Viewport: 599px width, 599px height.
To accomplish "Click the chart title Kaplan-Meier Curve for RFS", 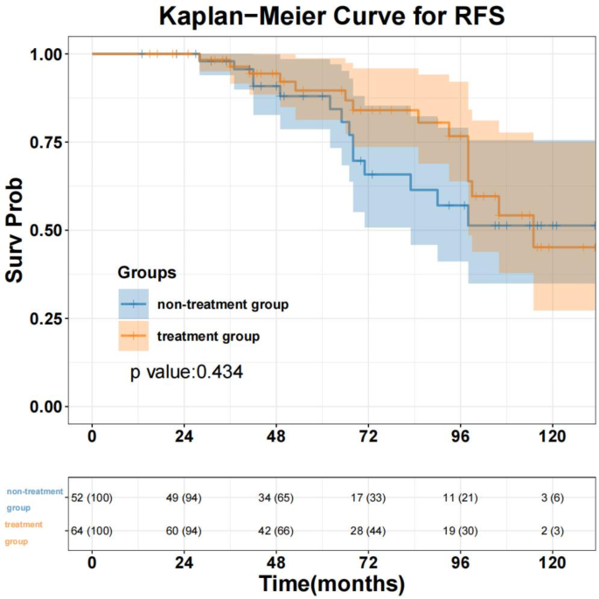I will (x=331, y=16).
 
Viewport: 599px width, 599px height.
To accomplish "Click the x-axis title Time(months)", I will (x=331, y=583).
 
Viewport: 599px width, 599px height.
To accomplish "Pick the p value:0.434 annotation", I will (x=186, y=373).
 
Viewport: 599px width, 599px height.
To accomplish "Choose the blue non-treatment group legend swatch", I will (x=133, y=304).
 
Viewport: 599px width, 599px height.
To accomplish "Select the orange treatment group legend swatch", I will (x=133, y=336).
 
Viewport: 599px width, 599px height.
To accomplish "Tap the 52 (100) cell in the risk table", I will (x=92, y=498).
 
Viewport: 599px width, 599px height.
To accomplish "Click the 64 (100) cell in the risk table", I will (x=92, y=529).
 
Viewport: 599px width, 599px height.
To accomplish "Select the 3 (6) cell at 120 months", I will (x=552, y=498).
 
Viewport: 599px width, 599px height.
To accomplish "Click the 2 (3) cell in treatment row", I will (x=552, y=529).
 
